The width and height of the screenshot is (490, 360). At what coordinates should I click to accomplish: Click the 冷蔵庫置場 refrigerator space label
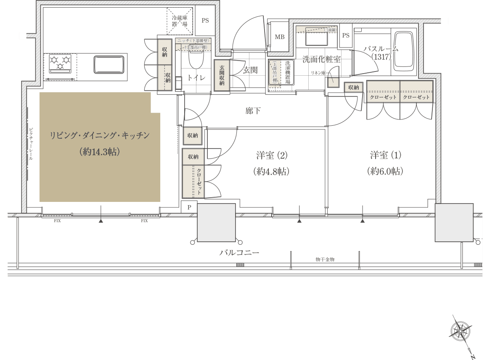click(180, 21)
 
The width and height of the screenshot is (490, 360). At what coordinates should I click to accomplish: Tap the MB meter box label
click(280, 37)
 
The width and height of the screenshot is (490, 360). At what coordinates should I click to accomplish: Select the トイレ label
click(196, 78)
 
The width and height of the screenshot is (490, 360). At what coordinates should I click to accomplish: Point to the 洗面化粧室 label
click(321, 59)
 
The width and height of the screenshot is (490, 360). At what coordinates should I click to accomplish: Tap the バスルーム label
click(381, 49)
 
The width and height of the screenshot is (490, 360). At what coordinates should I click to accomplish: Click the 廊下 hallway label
click(253, 111)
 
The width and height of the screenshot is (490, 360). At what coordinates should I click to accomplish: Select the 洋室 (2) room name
click(271, 155)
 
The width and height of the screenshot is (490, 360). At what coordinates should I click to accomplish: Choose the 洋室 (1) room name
click(386, 155)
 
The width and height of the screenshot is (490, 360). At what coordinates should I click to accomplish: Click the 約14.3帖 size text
click(100, 152)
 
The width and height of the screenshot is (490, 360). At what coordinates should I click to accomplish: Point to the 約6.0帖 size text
click(385, 171)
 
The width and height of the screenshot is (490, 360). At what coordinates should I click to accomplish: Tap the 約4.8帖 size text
click(271, 171)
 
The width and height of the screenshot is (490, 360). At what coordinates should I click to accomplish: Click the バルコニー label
click(239, 253)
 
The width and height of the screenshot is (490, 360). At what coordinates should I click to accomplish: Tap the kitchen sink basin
click(109, 65)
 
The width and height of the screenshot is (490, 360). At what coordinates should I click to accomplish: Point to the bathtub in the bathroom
click(403, 50)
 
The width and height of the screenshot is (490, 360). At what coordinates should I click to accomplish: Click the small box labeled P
click(189, 207)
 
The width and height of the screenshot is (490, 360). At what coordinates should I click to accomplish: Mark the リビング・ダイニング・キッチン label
click(100, 135)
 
